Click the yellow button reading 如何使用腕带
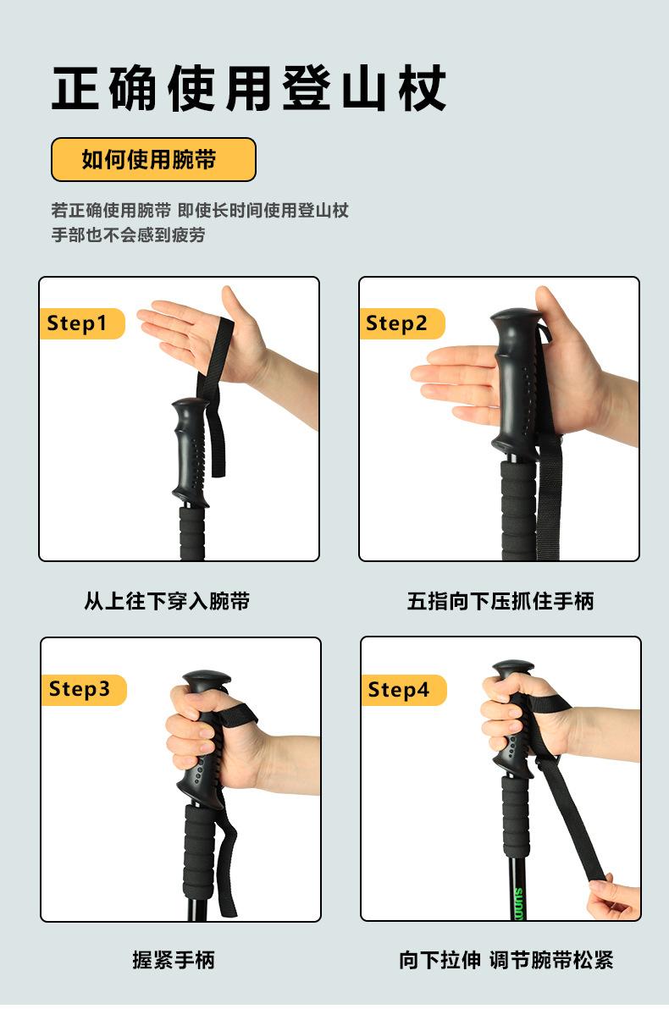click(153, 159)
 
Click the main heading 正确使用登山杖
click(248, 88)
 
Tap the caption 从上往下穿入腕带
click(167, 601)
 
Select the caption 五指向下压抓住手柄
click(500, 601)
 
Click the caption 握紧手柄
click(174, 960)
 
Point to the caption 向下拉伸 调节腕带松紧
click(506, 960)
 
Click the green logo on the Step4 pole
click(519, 903)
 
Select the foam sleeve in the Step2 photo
click(518, 510)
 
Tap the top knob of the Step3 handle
click(207, 680)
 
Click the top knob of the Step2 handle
click(516, 318)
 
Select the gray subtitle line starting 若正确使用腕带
click(200, 211)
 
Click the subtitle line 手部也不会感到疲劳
click(128, 234)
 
